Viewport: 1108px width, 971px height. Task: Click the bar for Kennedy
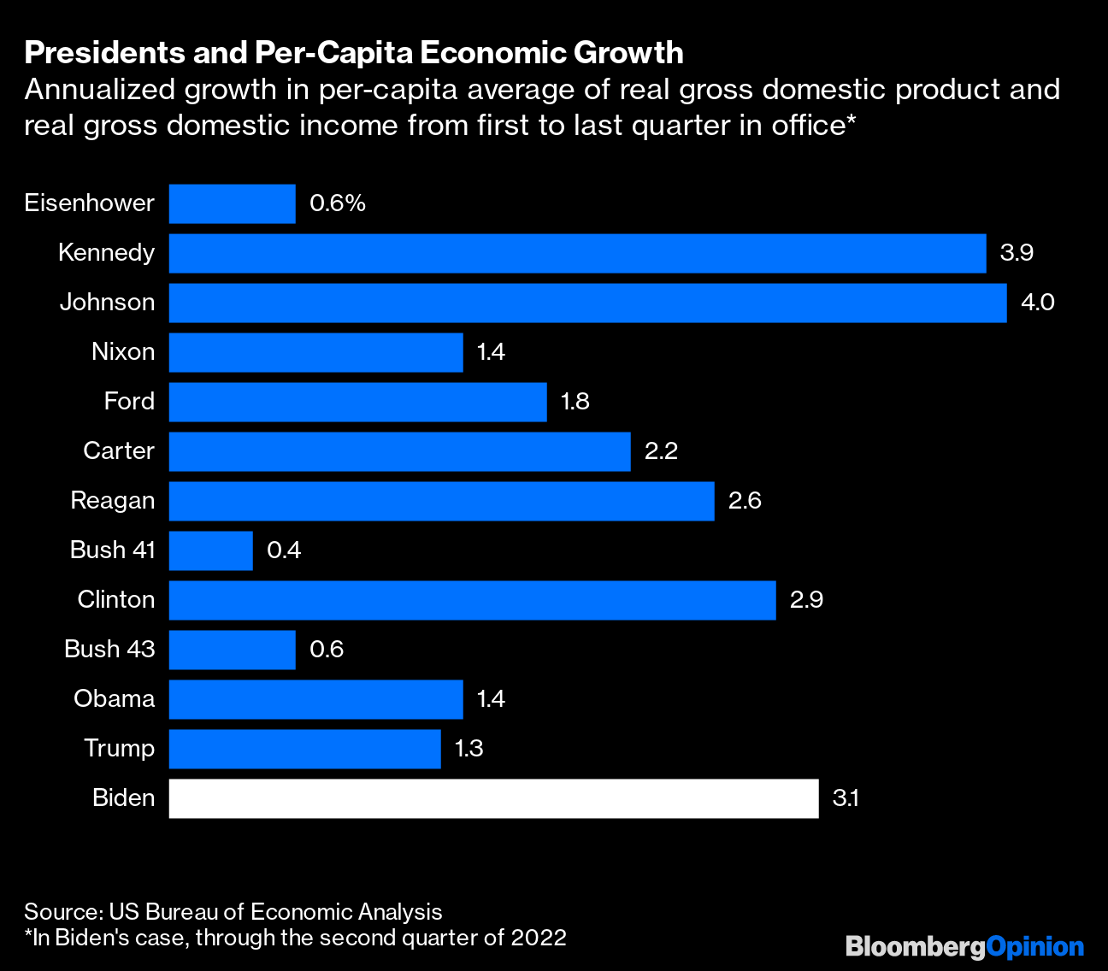pos(577,253)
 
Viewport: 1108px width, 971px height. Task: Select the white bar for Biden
pos(493,798)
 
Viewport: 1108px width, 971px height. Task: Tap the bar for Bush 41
pos(210,550)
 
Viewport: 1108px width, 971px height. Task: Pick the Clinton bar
pos(472,600)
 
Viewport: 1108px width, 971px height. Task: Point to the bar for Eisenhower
pos(232,203)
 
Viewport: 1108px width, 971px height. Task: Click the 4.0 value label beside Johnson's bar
pos(1037,303)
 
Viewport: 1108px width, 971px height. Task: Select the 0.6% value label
pos(338,203)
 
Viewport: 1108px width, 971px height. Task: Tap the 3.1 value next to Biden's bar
pos(846,798)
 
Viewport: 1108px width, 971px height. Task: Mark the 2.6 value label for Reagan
pos(745,501)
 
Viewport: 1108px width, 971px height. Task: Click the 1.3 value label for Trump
pos(469,749)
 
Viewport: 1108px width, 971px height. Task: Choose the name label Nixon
pos(123,352)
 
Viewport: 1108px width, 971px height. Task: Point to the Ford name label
pos(129,402)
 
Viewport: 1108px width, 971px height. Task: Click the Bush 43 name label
pos(109,650)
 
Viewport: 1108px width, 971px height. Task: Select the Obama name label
pos(115,699)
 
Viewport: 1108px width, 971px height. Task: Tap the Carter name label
pos(119,451)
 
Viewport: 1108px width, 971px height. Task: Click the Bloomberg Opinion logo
pos(964,947)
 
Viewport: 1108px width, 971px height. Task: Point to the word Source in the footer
pos(62,912)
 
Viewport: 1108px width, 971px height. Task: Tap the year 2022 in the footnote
pos(539,938)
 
